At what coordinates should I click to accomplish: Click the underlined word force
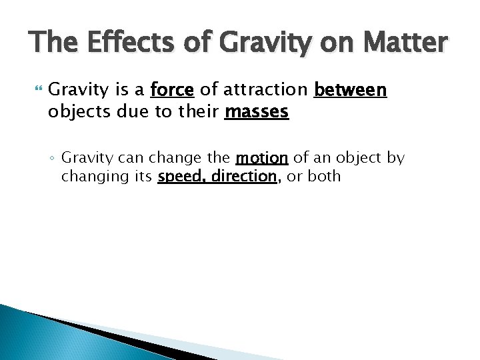(172, 90)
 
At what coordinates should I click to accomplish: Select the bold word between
(350, 90)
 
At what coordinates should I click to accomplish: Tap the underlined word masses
(257, 111)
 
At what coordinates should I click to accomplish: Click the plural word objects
(75, 111)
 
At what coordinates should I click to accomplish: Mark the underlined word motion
(261, 159)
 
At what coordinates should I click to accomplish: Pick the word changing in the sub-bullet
(90, 177)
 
